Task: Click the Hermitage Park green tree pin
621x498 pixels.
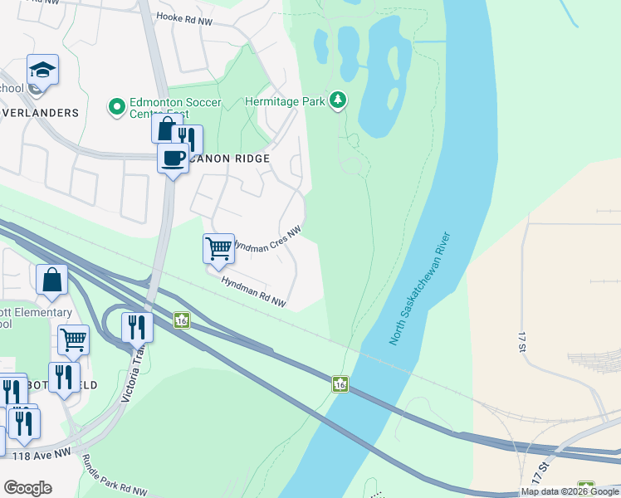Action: [x=337, y=100]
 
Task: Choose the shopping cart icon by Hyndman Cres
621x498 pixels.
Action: [x=218, y=247]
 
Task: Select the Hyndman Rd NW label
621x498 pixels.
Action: [x=253, y=292]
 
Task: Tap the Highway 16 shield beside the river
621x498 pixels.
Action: [x=340, y=383]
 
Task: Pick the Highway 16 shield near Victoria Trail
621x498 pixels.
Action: [x=181, y=320]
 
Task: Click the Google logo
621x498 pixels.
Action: [x=27, y=488]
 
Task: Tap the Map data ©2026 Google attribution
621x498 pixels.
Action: [x=569, y=491]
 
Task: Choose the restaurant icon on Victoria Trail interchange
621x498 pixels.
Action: [x=137, y=327]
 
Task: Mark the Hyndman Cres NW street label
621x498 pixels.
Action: [x=267, y=241]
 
